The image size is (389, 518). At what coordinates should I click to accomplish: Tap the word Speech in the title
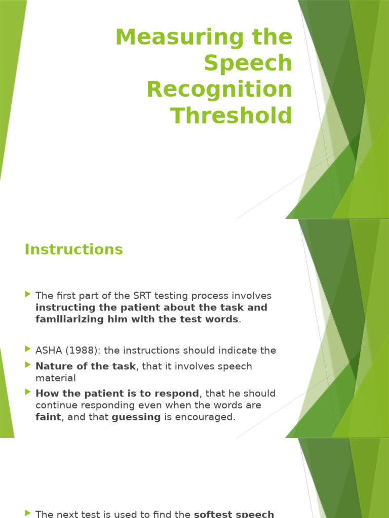coord(248,63)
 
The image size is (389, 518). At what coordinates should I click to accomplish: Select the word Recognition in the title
coord(219,90)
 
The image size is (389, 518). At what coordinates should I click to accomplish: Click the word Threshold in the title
coord(231,115)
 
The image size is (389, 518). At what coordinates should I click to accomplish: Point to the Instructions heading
coord(73,249)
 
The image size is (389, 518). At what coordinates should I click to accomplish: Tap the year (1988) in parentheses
coord(81,351)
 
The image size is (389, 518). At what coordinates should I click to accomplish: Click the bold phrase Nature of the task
coord(86,366)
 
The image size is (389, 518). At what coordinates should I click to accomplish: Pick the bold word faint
coord(48,417)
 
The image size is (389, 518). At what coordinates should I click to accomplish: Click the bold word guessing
coord(136,417)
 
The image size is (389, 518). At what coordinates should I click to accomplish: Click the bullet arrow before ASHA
coord(27,349)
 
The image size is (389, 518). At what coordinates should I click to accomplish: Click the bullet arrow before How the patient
coord(27,393)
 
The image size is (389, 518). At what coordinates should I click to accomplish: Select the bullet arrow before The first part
coord(27,295)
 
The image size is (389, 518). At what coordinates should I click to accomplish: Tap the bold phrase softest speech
coord(234,514)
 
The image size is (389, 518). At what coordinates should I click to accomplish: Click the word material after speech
coord(56,378)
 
